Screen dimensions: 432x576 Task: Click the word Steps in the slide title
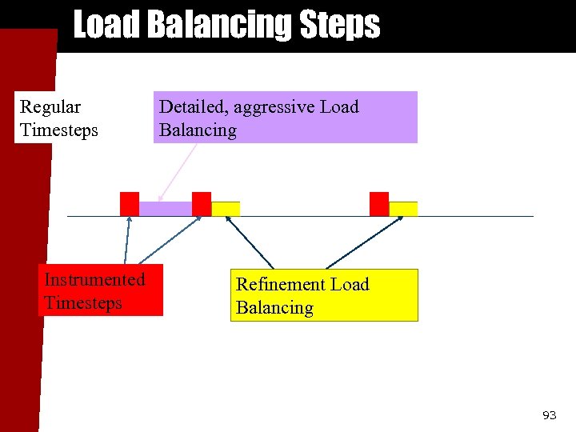pos(339,25)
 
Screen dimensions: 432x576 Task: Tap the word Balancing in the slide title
pos(221,25)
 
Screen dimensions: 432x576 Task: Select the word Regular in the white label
pos(50,107)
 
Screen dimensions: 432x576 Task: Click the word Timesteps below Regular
pos(59,130)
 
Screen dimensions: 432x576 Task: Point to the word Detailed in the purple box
pos(193,107)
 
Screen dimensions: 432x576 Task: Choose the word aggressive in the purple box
pos(276,107)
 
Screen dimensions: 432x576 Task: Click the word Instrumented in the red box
pos(94,279)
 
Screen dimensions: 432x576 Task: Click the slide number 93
pos(549,415)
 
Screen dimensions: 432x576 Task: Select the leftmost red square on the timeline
pos(130,204)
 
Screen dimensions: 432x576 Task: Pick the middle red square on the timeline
pos(202,204)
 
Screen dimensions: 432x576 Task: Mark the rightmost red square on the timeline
pos(379,204)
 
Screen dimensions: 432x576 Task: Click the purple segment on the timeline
pos(166,209)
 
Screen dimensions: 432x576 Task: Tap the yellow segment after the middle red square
pos(226,209)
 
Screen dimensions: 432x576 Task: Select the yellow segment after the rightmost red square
pos(403,209)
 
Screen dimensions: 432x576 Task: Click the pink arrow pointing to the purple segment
pos(177,171)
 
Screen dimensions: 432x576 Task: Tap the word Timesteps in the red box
pos(83,303)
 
